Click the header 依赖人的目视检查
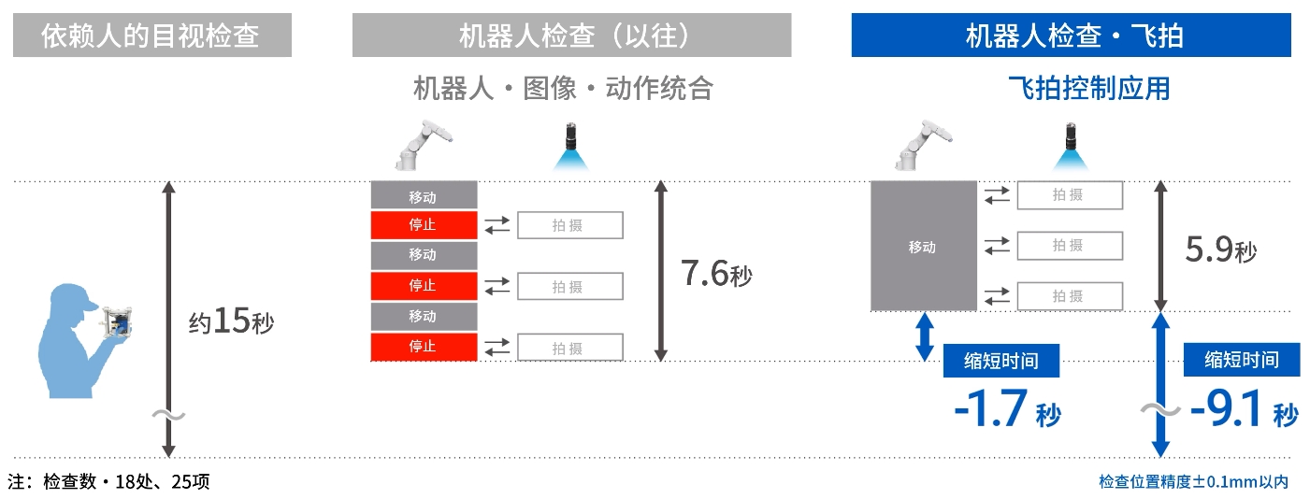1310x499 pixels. (152, 36)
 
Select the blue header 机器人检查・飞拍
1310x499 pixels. (1071, 36)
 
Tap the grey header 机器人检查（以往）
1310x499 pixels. (571, 36)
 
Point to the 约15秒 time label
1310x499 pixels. (231, 321)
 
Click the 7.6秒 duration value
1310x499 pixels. (716, 274)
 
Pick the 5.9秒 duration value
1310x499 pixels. (1221, 249)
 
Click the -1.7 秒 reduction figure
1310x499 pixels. (1007, 408)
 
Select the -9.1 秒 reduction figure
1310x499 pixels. (1244, 408)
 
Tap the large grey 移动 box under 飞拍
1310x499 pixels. (924, 246)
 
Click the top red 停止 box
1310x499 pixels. (424, 225)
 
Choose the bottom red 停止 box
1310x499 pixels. (424, 347)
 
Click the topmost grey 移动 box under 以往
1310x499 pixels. (424, 195)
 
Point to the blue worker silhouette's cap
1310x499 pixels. (73, 297)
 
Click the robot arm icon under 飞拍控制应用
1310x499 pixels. (922, 145)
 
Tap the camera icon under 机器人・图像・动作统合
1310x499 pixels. (570, 146)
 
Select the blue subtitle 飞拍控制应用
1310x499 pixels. (1089, 89)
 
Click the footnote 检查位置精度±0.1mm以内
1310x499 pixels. (1194, 482)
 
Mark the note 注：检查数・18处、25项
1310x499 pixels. (108, 482)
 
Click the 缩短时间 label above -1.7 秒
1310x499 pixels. (1001, 361)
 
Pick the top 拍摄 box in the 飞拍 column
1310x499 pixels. (1070, 194)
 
